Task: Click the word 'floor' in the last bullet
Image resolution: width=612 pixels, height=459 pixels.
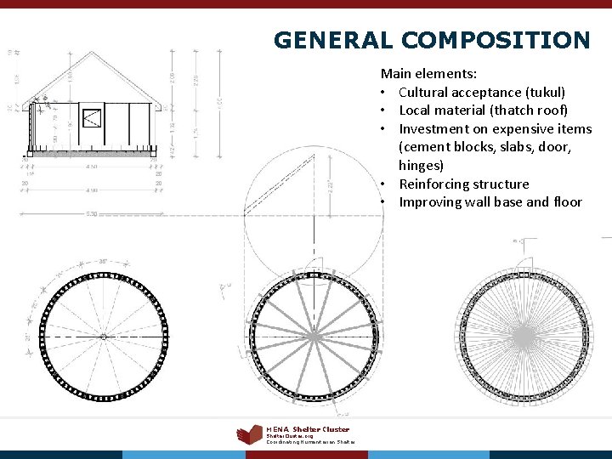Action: [x=565, y=202]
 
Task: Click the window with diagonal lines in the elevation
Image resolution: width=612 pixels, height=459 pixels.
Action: [x=91, y=117]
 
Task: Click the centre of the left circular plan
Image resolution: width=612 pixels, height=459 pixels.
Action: [x=103, y=337]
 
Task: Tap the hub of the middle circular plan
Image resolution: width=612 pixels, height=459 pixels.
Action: [x=313, y=337]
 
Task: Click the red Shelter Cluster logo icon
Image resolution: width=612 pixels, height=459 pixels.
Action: [x=249, y=434]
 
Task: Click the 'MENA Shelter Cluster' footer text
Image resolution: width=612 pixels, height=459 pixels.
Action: [x=308, y=429]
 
